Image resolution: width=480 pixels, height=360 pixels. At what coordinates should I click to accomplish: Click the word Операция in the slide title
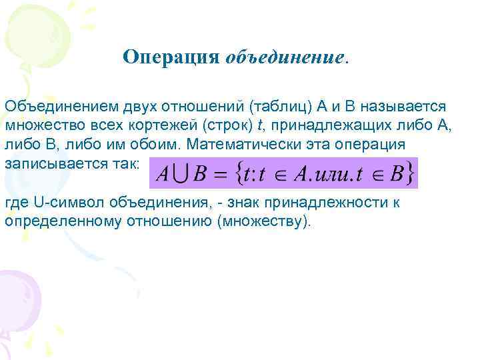171,57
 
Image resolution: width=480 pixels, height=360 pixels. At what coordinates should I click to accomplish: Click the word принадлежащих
321,126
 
